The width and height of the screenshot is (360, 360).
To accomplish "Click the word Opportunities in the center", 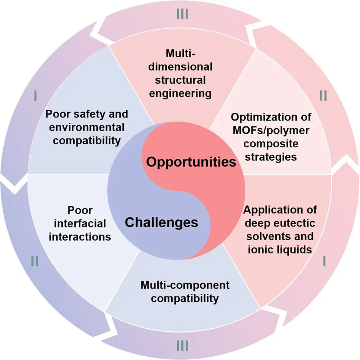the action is (x=191, y=162).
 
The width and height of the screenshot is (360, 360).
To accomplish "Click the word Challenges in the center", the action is (x=161, y=223).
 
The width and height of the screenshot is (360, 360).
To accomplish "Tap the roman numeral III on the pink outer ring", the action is (x=182, y=14).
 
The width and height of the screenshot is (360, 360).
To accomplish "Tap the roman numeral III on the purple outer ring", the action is (x=182, y=345).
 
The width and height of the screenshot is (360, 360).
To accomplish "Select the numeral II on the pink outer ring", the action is (x=323, y=96).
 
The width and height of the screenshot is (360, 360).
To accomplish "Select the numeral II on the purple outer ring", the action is (x=35, y=261).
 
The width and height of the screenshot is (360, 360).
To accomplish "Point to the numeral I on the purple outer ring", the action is (x=35, y=96).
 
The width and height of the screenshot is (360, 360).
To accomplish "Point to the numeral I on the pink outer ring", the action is (x=324, y=261).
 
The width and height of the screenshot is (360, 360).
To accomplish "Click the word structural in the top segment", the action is (x=180, y=80).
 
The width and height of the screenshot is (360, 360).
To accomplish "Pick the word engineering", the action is (x=180, y=94).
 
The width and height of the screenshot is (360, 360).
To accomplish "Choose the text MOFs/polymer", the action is (x=271, y=131).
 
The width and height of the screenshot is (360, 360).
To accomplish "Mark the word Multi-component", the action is (x=185, y=285).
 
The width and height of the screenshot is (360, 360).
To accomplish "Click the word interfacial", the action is (x=80, y=224).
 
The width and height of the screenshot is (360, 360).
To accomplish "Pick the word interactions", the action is (x=80, y=237).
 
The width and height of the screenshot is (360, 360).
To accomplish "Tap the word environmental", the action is (x=87, y=127).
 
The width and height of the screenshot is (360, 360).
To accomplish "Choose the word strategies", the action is (x=271, y=157).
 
